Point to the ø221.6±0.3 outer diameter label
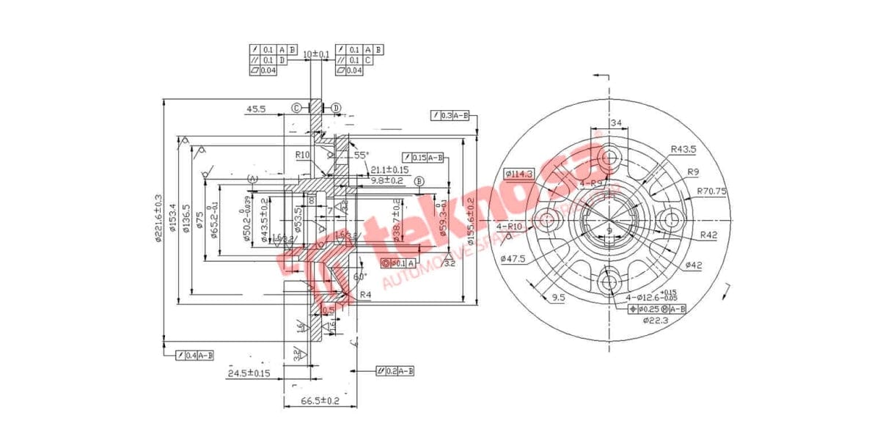pyautogui.click(x=158, y=219)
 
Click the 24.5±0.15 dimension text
pyautogui.click(x=249, y=373)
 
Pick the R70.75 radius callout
pyautogui.click(x=711, y=191)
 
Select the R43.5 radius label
pyautogui.click(x=683, y=149)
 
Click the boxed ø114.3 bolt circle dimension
pyautogui.click(x=519, y=173)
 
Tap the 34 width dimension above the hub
pyautogui.click(x=615, y=122)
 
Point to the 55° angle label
pyautogui.click(x=360, y=155)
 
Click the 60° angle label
pyautogui.click(x=359, y=276)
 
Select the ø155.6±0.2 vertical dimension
pyautogui.click(x=470, y=220)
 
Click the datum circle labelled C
pyautogui.click(x=297, y=108)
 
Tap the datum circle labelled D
pyautogui.click(x=336, y=108)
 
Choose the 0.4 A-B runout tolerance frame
pyautogui.click(x=195, y=356)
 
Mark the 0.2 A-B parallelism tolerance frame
pyautogui.click(x=395, y=371)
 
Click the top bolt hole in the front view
pyautogui.click(x=608, y=156)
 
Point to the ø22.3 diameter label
pyautogui.click(x=654, y=320)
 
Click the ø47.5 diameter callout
pyautogui.click(x=515, y=258)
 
